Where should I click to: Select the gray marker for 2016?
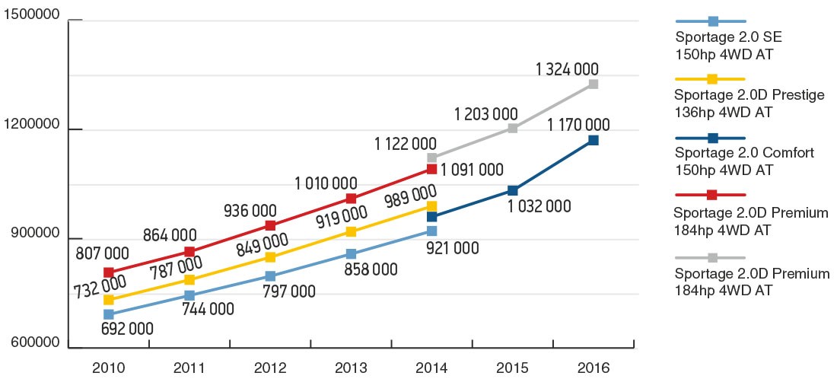click(x=593, y=84)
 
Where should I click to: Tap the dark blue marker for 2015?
click(x=513, y=190)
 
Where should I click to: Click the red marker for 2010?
click(x=109, y=272)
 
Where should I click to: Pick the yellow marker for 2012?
click(x=271, y=257)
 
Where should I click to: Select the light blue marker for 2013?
click(x=351, y=253)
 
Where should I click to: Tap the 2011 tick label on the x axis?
click(x=189, y=368)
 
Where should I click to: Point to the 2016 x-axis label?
click(x=593, y=368)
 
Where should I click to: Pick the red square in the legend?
click(x=712, y=195)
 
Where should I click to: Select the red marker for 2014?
click(x=431, y=169)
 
